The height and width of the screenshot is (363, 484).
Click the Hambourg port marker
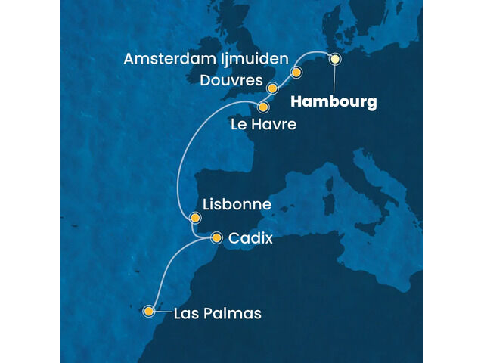pos(335,58)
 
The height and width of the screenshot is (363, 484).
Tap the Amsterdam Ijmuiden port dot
pos(296,73)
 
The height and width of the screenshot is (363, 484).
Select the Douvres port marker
pos(272,88)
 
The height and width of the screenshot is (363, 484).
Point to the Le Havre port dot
pos(263,107)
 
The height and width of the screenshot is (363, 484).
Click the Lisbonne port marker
pos(195,219)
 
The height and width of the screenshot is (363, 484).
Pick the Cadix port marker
pos(217,237)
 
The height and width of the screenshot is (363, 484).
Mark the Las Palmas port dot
pos(150,310)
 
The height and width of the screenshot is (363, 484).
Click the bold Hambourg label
pos(334,102)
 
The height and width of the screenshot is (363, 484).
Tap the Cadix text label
pos(250,238)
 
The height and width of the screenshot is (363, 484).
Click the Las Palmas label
pos(218,313)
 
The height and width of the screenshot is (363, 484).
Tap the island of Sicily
pos(365,227)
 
